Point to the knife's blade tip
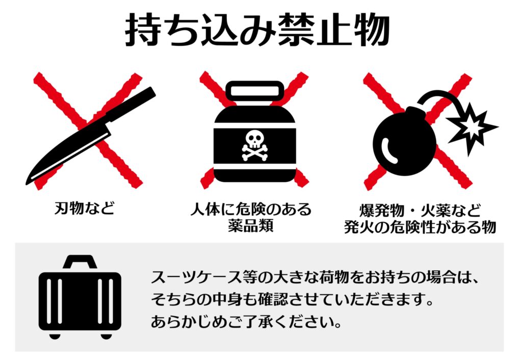(29, 181)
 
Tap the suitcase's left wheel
(55, 335)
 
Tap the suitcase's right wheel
(106, 335)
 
